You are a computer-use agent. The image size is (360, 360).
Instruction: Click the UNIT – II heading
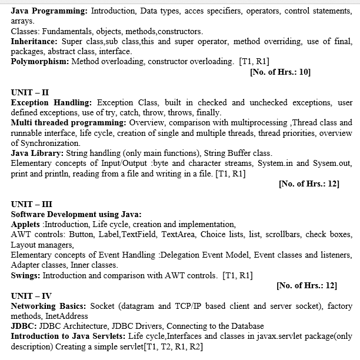pos(30,92)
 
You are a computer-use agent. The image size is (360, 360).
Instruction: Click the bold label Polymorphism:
pos(39,61)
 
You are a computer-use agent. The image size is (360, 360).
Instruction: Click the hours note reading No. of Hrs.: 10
pos(280,72)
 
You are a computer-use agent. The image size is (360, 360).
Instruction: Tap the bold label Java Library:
pos(38,153)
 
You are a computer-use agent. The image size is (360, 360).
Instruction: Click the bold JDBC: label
pos(24,326)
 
